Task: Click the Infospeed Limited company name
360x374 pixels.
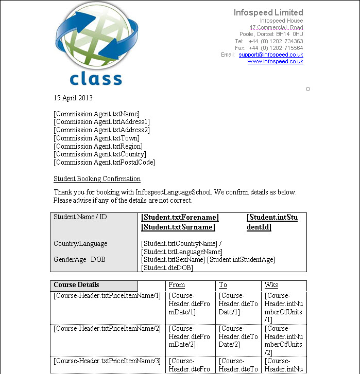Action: click(268, 12)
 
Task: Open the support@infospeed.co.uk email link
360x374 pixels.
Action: click(270, 55)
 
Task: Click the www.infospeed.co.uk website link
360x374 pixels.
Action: click(275, 62)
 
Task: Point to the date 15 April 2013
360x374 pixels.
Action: click(73, 98)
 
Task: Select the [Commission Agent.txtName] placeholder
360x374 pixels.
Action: click(96, 114)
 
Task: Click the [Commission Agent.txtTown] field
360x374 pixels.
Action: click(96, 138)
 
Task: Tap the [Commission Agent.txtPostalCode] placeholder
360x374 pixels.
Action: click(104, 162)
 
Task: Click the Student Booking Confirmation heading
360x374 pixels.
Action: click(97, 179)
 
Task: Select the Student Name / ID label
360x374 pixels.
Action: click(80, 217)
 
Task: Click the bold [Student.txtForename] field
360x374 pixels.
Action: click(180, 218)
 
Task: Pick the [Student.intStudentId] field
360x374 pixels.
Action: click(271, 222)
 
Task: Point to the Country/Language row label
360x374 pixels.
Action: click(80, 243)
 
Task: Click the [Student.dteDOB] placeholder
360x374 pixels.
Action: click(167, 268)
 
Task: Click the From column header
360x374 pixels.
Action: click(177, 285)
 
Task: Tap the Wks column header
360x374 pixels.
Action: click(271, 285)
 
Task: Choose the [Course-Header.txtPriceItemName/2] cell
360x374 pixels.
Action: click(107, 328)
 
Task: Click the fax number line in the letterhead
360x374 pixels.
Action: click(269, 48)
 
